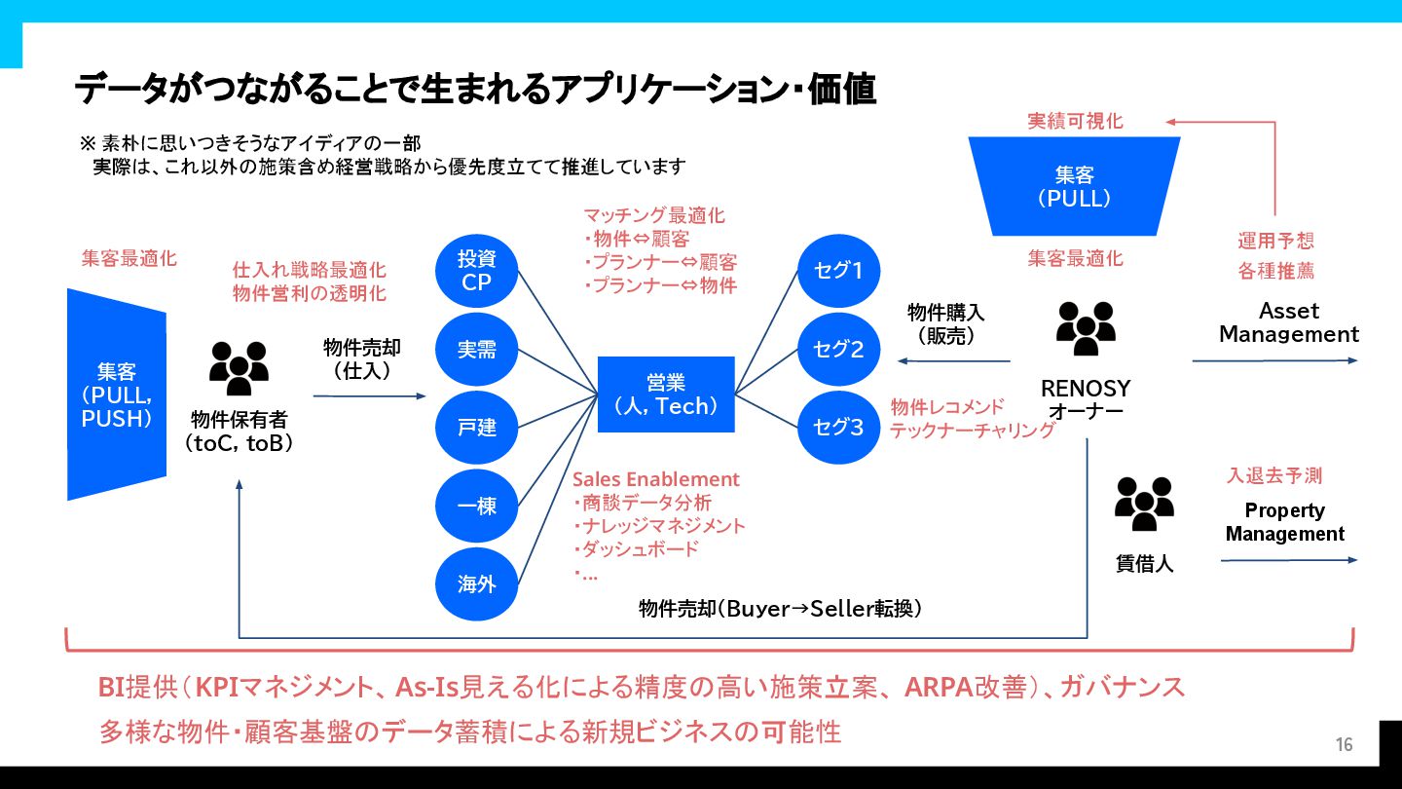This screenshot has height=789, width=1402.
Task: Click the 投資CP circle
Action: click(x=477, y=271)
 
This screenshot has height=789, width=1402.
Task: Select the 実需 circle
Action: click(x=477, y=349)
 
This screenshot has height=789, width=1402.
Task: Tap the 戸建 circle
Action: click(x=477, y=427)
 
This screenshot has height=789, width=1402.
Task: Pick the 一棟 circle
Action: click(x=477, y=506)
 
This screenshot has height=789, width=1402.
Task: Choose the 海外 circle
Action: click(x=477, y=583)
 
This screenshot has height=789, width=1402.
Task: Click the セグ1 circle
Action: click(x=838, y=271)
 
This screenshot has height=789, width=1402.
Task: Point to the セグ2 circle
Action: click(x=838, y=349)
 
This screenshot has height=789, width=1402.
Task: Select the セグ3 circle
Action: click(x=838, y=427)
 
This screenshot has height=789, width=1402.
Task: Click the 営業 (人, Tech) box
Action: click(x=666, y=394)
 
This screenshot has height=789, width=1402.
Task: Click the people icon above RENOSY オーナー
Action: click(x=1086, y=328)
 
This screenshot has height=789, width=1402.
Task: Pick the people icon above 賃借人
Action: click(x=1144, y=504)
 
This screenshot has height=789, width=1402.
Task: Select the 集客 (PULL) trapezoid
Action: click(x=1075, y=186)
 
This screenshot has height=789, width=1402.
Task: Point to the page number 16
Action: click(x=1344, y=745)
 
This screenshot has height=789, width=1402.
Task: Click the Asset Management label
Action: click(x=1288, y=322)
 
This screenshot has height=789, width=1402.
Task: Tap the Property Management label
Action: click(x=1284, y=522)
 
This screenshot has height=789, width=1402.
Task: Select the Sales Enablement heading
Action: click(x=655, y=479)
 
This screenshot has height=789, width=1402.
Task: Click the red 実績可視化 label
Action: click(x=1075, y=121)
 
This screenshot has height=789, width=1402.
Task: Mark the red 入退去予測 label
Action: click(x=1273, y=475)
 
